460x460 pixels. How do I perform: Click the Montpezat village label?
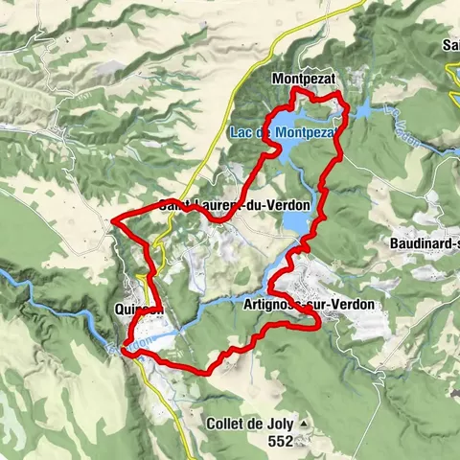tap(304, 78)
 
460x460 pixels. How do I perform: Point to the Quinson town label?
tap(139, 310)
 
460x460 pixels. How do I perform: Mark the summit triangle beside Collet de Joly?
tap(304, 423)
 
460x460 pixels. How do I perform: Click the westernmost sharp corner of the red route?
tap(113, 220)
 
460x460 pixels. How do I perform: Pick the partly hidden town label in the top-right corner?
tap(449, 45)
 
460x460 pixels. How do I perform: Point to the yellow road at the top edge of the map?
tap(356, 5)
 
